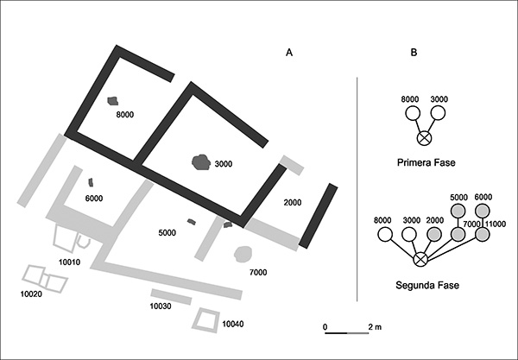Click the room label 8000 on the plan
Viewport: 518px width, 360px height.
coord(125,115)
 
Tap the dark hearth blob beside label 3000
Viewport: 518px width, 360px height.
coord(201,162)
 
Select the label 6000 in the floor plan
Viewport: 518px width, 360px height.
coord(94,199)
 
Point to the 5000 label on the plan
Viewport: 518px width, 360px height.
coord(167,233)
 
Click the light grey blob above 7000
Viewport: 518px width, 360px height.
coord(243,254)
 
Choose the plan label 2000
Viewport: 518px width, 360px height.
coord(293,203)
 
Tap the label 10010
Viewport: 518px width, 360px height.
coord(69,262)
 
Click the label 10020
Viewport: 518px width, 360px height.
coord(31,294)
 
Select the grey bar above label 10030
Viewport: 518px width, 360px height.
coord(171,297)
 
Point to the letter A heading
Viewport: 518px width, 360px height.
coord(289,53)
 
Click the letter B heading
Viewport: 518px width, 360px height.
coord(414,53)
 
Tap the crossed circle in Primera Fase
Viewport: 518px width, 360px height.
coord(424,138)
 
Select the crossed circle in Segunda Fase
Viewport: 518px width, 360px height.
coord(420,259)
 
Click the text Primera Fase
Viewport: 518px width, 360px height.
coord(426,163)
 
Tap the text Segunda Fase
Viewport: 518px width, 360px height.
coord(427,285)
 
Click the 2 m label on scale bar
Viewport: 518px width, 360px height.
coord(375,327)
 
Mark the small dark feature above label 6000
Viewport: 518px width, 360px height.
coord(91,182)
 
